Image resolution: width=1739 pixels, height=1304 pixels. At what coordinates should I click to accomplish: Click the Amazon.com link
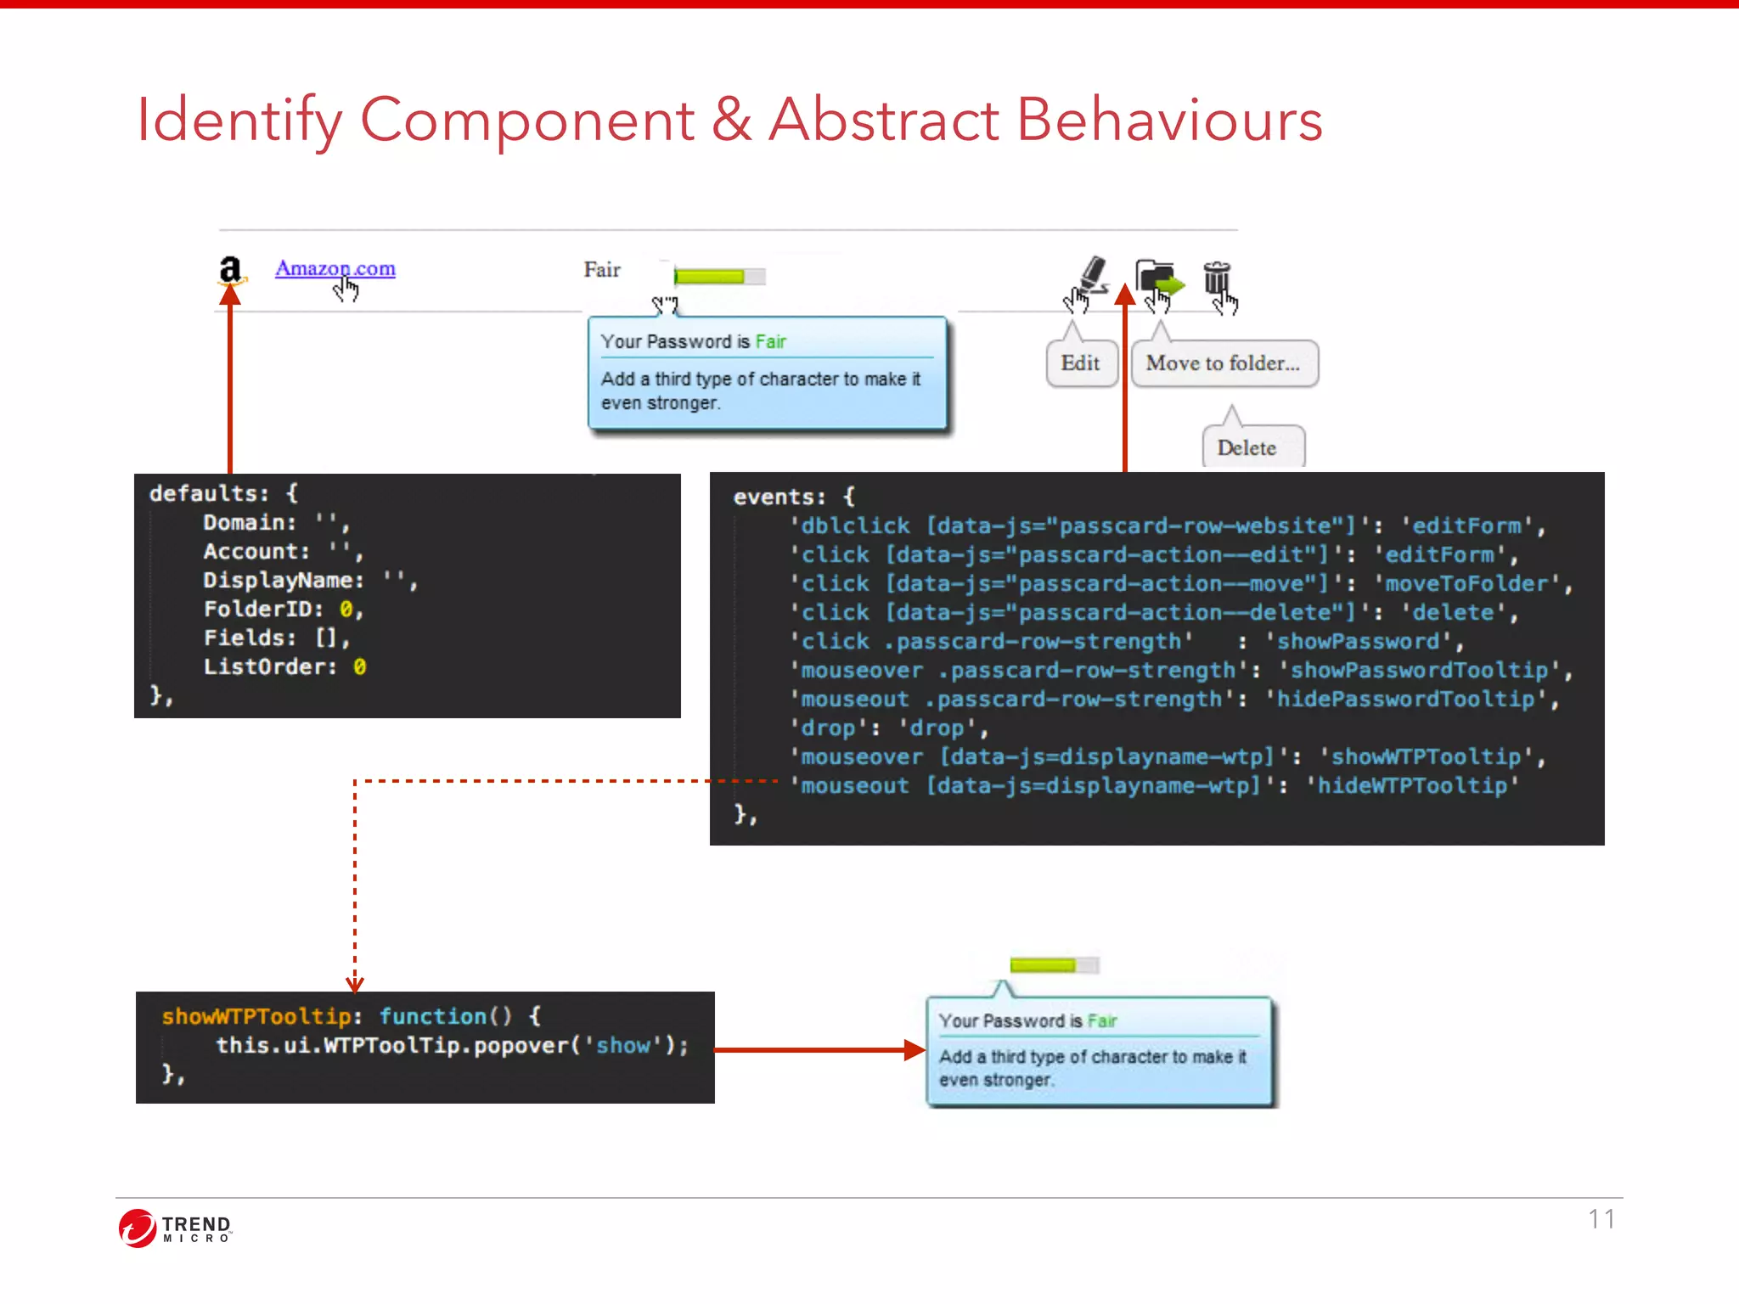335,268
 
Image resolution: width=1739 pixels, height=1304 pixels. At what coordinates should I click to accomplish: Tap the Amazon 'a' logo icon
230,270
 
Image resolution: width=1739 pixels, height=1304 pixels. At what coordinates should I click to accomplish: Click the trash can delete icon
1217,278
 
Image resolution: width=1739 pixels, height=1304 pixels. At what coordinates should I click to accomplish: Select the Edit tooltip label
1080,363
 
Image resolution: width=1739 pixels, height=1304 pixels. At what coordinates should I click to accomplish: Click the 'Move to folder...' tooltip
1223,363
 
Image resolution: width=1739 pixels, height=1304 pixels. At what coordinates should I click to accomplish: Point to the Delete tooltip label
1247,447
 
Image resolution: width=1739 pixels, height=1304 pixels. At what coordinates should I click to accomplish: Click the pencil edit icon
1093,274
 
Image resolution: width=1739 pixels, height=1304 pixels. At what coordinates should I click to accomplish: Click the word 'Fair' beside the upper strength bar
602,270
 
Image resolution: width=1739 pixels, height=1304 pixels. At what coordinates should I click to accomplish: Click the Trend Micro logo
176,1228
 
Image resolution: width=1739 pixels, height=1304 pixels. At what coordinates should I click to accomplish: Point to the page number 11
1601,1219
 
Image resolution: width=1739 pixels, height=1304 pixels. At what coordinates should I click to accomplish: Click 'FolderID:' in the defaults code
264,610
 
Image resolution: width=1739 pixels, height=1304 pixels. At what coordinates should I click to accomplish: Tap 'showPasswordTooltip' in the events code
1419,671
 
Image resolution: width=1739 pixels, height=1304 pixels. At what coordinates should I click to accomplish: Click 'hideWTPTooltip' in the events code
1412,786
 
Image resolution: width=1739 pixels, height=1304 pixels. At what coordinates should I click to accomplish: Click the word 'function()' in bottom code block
446,1016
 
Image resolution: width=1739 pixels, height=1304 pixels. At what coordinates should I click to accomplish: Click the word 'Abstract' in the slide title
884,120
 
